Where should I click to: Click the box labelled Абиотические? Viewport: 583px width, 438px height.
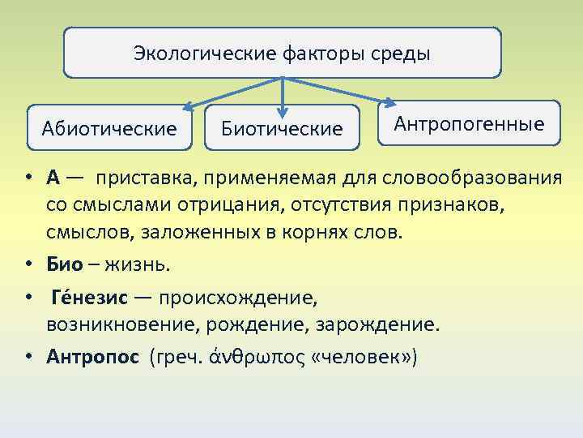point(109,128)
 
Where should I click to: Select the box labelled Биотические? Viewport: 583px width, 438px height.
point(282,128)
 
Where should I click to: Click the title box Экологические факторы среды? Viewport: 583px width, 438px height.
point(282,54)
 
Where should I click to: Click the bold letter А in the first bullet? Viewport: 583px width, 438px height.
point(53,178)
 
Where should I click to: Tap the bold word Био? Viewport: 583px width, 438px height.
point(65,264)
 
